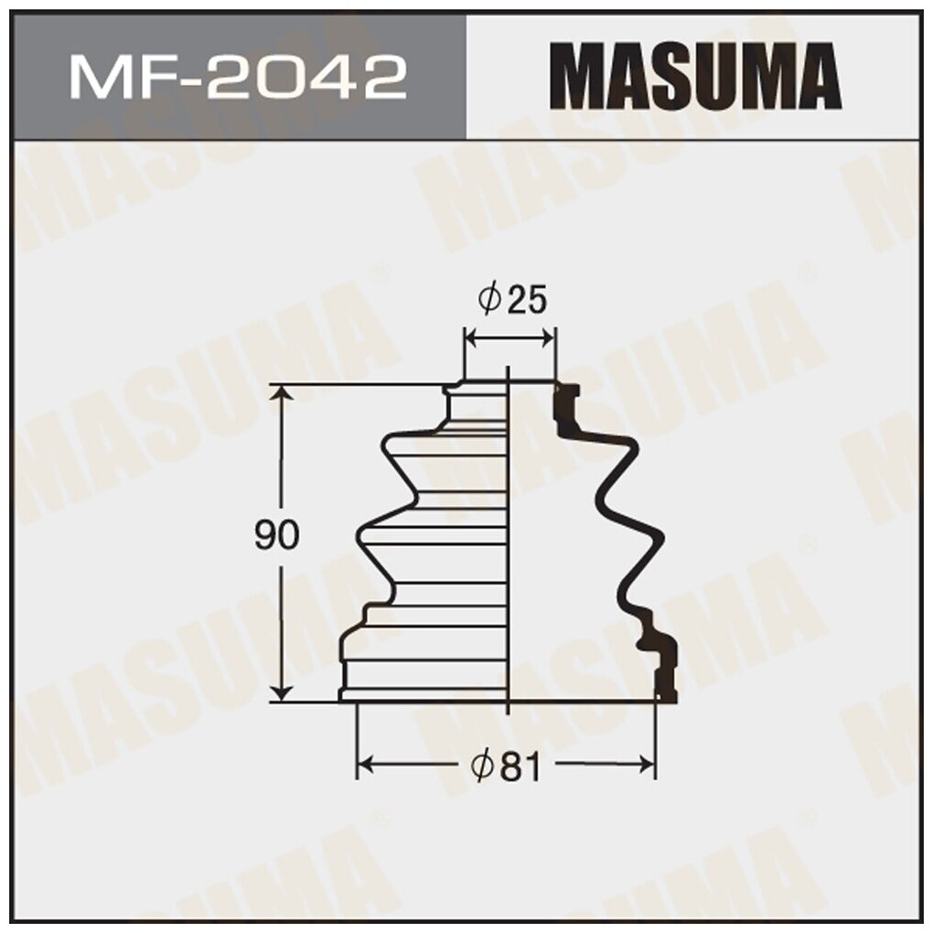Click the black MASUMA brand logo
pos(699,77)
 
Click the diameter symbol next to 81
pos(485,767)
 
